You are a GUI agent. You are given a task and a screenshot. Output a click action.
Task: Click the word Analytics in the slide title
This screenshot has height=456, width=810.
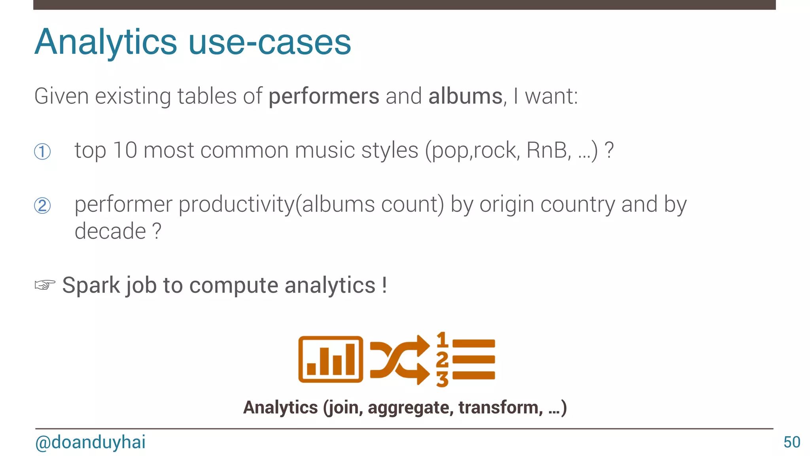coord(106,42)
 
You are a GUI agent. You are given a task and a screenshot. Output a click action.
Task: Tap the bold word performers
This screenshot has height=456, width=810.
coord(324,96)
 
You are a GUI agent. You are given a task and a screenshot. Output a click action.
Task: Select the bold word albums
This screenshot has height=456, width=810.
coord(465,96)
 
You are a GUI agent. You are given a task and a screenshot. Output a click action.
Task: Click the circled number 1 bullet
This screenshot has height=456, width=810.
coord(42,152)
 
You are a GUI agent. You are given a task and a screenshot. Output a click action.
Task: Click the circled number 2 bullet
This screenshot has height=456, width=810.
coord(42,206)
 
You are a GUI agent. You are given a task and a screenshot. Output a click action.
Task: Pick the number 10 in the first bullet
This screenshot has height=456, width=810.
coord(125,150)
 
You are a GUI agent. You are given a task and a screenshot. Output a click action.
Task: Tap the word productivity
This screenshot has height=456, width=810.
coord(237,205)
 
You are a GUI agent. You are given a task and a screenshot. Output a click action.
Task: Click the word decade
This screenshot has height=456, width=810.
coord(110,231)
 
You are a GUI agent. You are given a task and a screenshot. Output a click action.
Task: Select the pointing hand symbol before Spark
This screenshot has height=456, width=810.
coord(45,285)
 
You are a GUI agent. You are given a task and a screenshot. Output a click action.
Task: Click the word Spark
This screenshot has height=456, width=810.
coord(91,286)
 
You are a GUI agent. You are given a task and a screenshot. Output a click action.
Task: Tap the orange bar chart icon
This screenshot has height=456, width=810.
coord(331,359)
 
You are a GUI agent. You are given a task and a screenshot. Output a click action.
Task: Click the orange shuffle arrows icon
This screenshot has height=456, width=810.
coord(400,359)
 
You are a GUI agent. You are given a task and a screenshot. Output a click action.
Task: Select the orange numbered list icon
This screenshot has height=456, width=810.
coord(466,359)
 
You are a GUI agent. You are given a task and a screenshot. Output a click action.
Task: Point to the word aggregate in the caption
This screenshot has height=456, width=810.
coord(411,408)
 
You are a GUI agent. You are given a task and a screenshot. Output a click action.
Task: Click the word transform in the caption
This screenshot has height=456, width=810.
coord(501,408)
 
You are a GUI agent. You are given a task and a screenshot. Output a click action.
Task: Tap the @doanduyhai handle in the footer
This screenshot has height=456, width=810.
coord(90,442)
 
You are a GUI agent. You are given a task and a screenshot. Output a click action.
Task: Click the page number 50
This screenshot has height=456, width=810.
coord(792,442)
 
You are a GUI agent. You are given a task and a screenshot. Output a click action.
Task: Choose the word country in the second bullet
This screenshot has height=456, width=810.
coord(577,205)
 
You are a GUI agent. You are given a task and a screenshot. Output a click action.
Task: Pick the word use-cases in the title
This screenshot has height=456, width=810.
coord(270,42)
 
